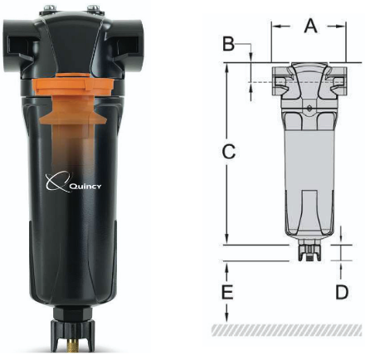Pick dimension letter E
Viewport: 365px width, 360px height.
coord(229,292)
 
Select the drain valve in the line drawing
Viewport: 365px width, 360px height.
coord(308,251)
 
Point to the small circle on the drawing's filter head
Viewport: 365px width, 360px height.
coord(308,108)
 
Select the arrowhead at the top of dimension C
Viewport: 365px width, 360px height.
coord(229,66)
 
